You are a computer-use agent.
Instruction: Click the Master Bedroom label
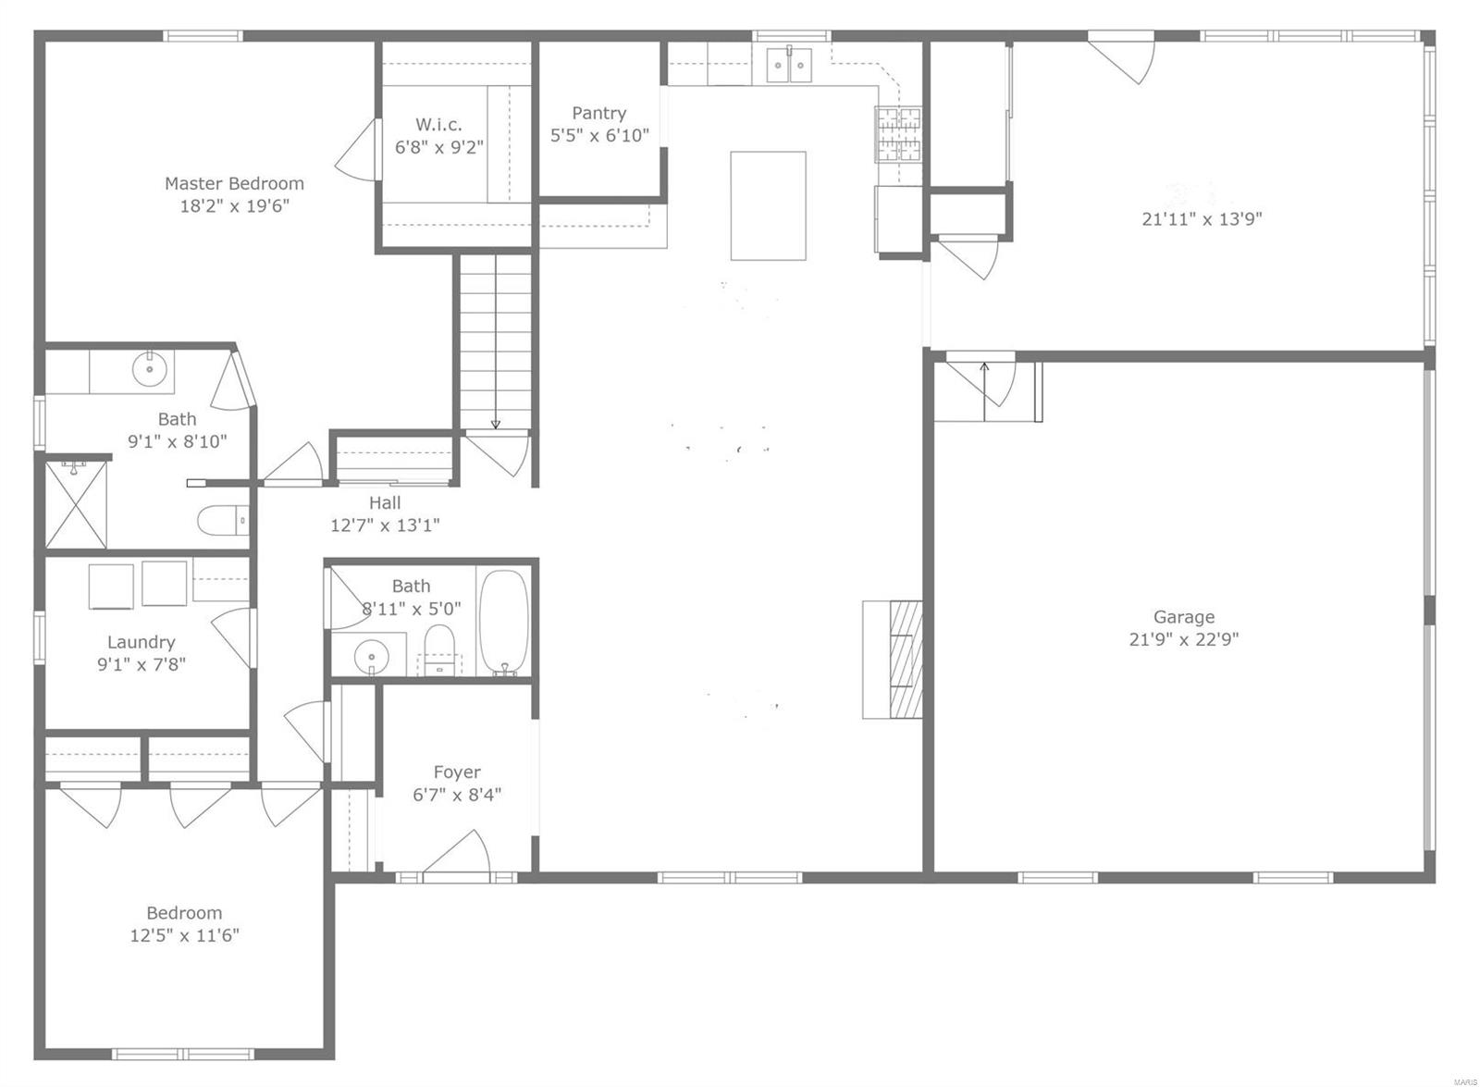click(x=234, y=183)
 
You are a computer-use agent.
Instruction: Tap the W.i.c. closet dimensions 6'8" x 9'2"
click(x=439, y=147)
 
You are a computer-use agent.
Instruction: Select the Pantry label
click(x=598, y=113)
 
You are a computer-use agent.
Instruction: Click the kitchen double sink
click(x=790, y=65)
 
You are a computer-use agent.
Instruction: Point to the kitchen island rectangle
click(x=768, y=205)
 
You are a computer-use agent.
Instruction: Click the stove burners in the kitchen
click(x=899, y=135)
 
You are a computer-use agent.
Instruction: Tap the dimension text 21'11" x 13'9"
click(x=1202, y=219)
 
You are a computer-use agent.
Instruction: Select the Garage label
click(x=1183, y=617)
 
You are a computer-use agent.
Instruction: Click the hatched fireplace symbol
click(x=906, y=659)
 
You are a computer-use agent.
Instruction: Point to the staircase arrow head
click(x=496, y=425)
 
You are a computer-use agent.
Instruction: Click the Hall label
click(x=385, y=503)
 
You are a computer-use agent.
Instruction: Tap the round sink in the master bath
click(x=150, y=369)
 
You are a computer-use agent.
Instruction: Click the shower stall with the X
click(x=76, y=505)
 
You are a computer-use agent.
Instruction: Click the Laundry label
click(x=141, y=642)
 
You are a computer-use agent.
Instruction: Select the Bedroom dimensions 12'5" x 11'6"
click(x=184, y=935)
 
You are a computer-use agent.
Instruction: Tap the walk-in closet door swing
click(x=356, y=151)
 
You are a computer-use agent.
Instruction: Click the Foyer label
click(x=457, y=772)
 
